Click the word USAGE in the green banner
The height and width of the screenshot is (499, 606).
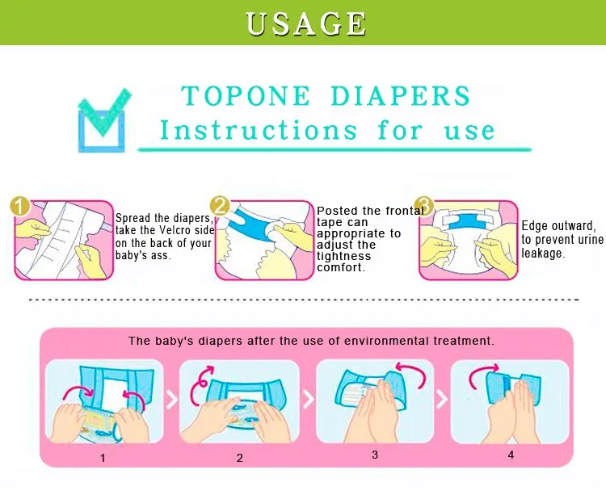point(305,23)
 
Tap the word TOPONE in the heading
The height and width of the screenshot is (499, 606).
point(246,95)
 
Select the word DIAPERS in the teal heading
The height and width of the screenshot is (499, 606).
point(401,95)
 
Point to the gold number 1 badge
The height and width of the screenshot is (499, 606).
point(20,207)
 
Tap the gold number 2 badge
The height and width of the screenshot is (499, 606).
point(220,206)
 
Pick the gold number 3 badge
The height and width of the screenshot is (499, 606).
point(424,206)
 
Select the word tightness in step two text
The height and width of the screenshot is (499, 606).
point(343,256)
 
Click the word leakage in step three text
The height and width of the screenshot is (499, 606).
point(543,254)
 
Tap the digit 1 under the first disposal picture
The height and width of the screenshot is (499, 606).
point(103,458)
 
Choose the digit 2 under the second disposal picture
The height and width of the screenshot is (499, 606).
point(240,458)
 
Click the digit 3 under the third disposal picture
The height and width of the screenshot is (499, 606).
point(375,455)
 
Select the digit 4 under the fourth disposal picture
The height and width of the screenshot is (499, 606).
point(511,455)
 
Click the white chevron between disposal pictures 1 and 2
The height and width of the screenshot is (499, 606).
point(172,400)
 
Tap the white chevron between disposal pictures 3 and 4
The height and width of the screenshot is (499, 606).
point(443,399)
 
